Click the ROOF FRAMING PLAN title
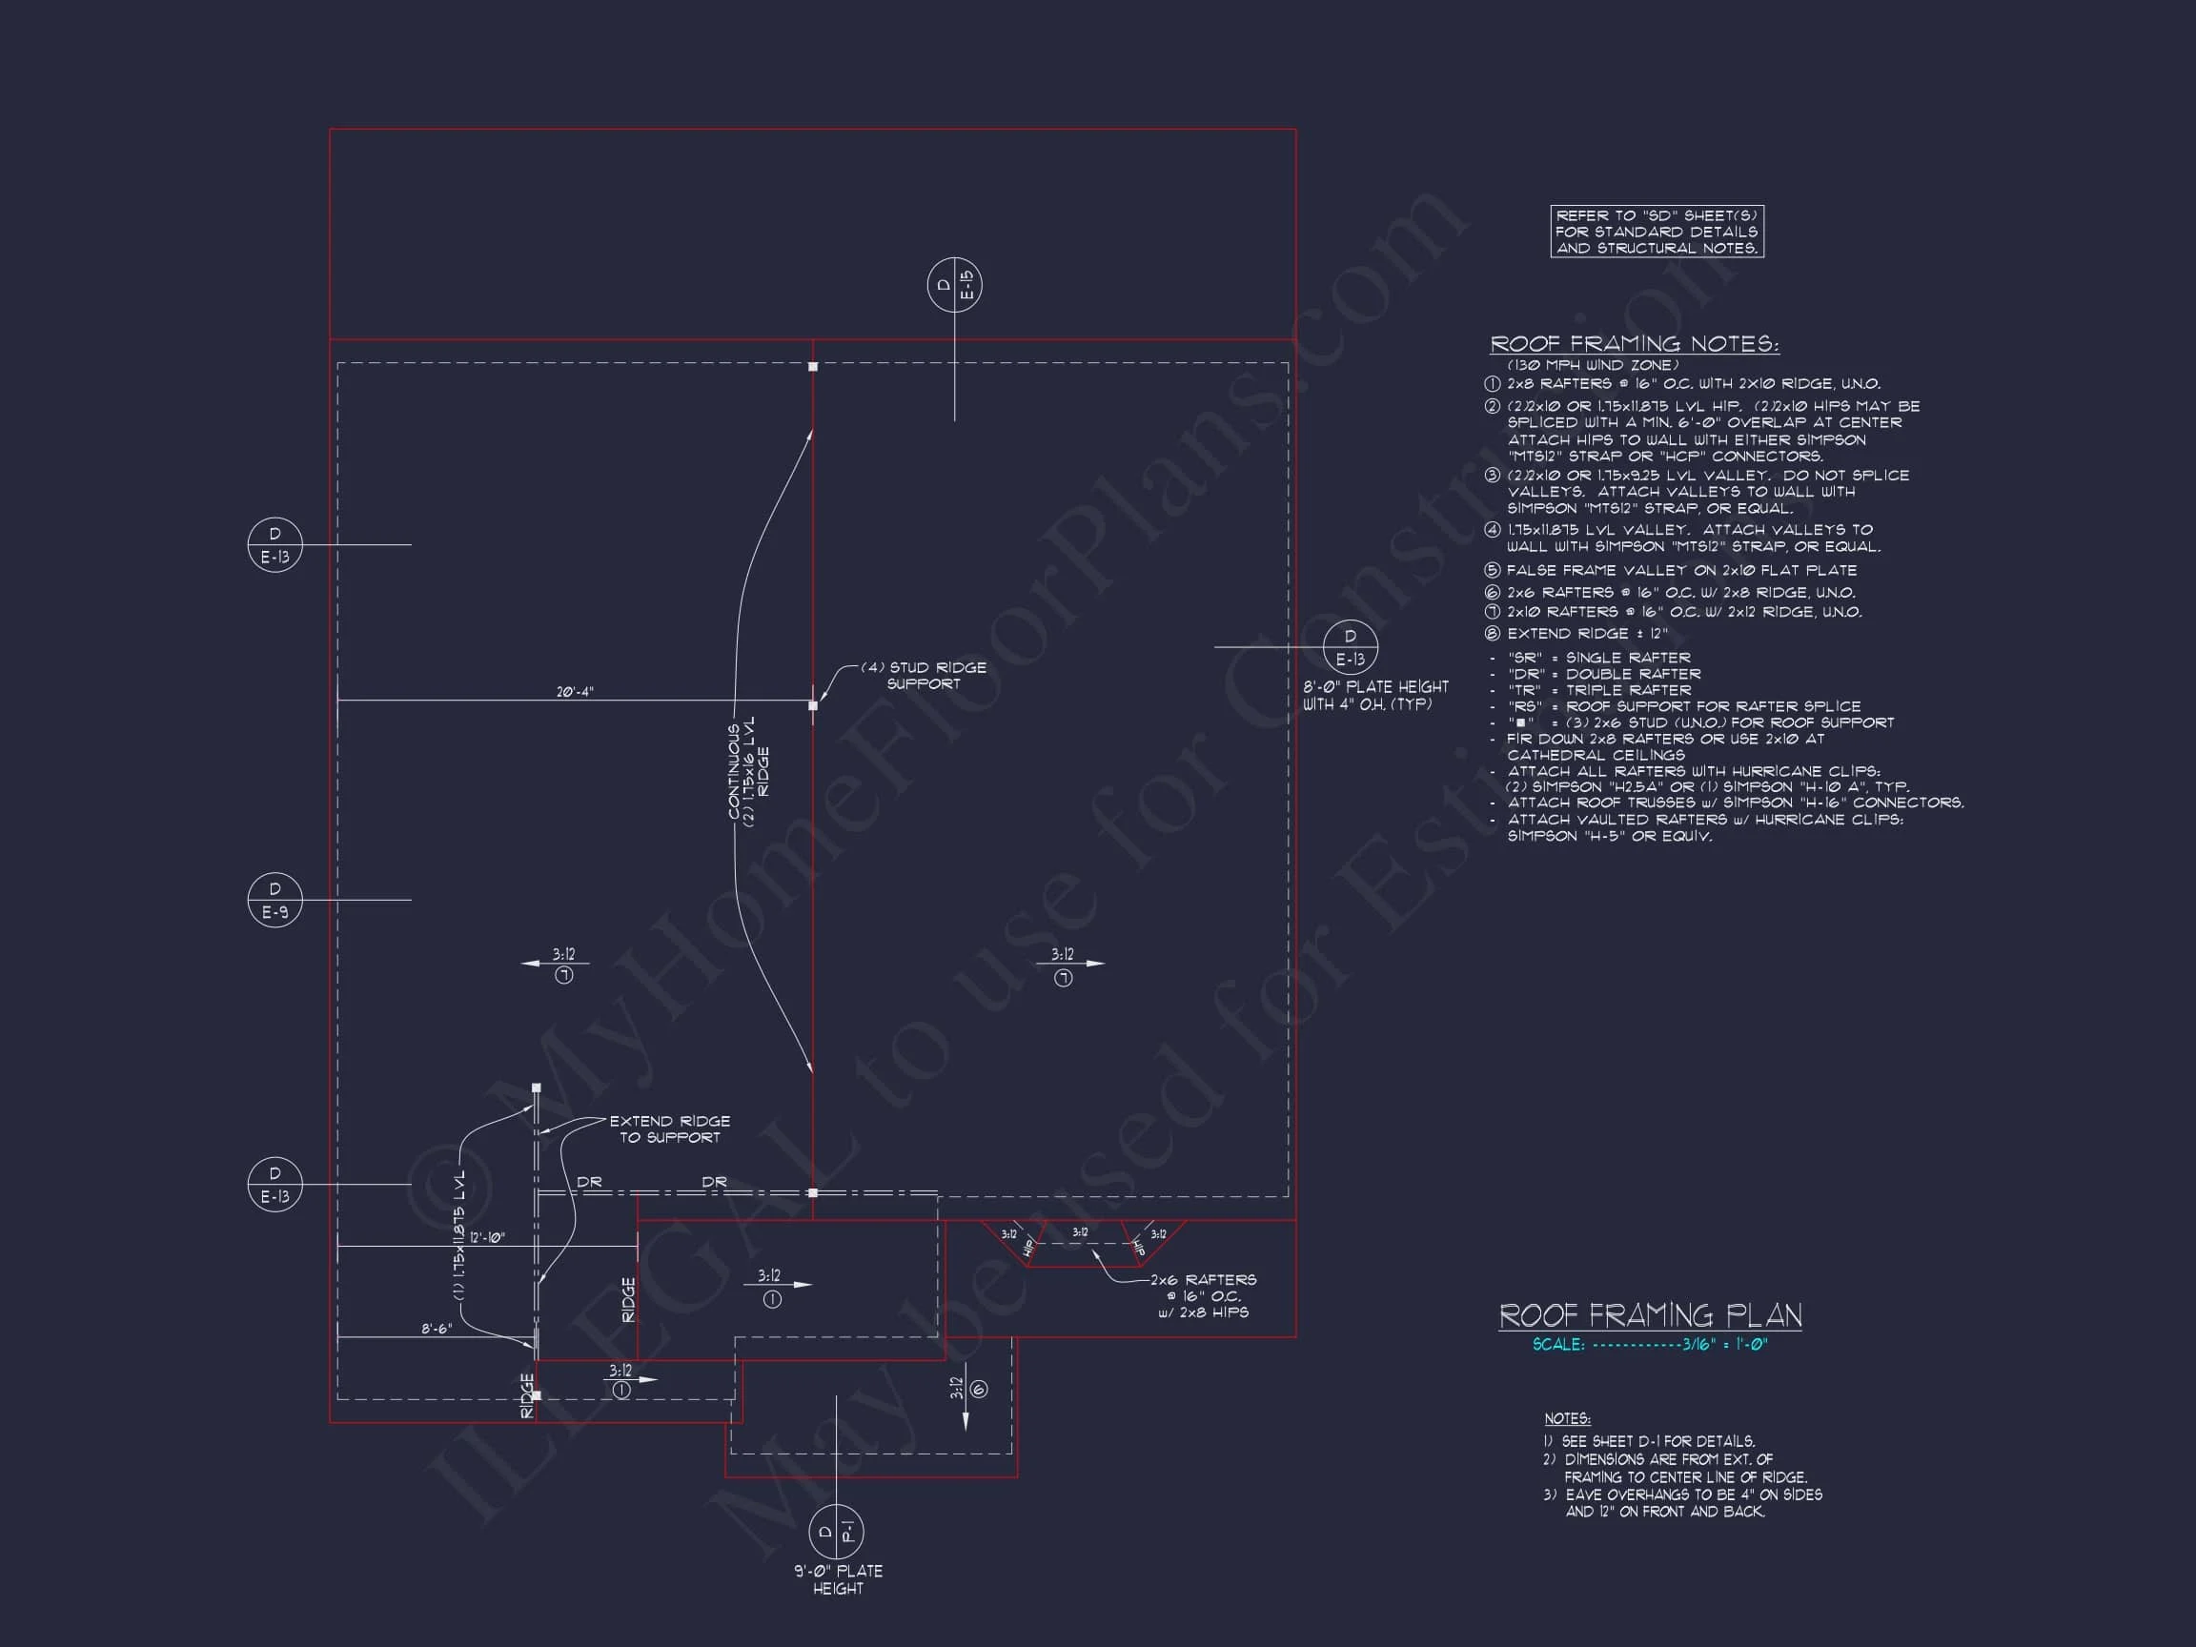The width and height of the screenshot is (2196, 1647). click(1649, 1315)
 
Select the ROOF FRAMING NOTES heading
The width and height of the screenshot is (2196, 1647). click(1634, 343)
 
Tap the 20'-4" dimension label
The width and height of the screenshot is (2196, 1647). click(574, 692)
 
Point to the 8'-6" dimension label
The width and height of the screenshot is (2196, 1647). click(436, 1329)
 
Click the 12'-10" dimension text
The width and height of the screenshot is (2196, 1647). click(486, 1238)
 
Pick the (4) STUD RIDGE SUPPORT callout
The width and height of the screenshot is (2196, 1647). click(924, 675)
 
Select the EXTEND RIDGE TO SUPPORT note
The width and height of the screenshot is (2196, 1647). click(669, 1128)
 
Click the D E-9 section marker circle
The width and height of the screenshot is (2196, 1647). click(275, 901)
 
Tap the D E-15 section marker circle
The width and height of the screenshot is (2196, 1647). click(954, 285)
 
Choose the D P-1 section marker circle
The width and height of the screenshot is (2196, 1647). click(836, 1532)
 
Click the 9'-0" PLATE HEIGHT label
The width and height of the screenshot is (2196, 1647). click(837, 1579)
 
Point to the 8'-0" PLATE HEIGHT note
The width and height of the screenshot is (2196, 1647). click(1375, 695)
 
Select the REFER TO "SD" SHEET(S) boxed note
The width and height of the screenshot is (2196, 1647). click(1656, 232)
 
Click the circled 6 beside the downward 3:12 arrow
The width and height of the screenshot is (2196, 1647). click(980, 1389)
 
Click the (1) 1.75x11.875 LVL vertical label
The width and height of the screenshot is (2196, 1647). click(458, 1235)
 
